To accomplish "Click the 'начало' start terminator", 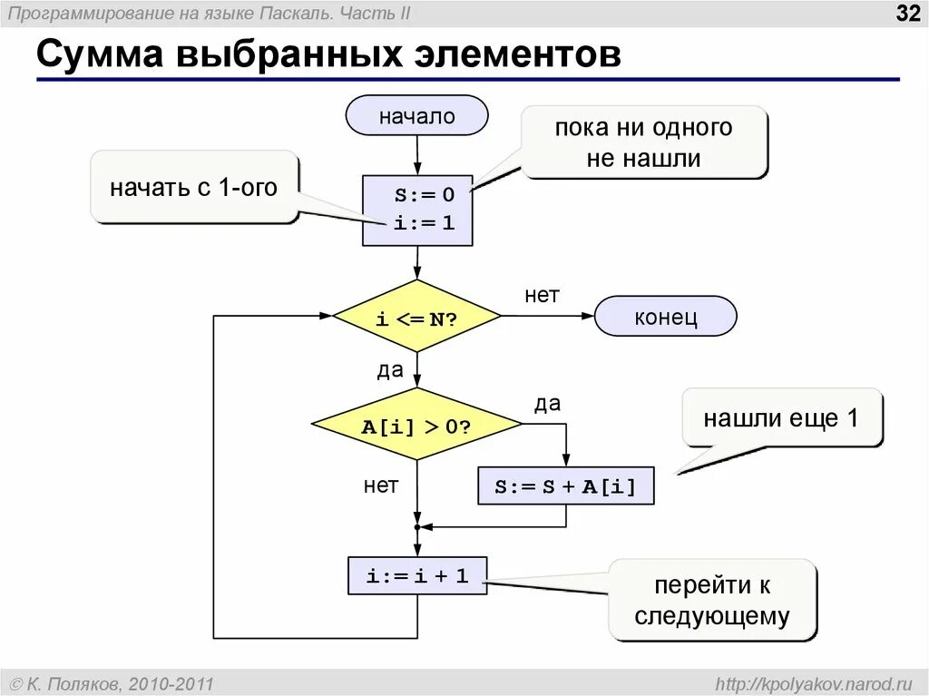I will [x=416, y=115].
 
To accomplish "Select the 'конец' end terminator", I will [x=665, y=317].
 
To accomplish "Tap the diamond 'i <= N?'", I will [x=416, y=317].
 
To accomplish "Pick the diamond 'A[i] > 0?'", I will [x=416, y=425].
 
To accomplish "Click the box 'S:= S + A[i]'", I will [x=565, y=486].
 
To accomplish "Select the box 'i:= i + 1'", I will [x=416, y=575].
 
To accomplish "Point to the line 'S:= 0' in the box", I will [x=424, y=194].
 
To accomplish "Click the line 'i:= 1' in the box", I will [x=424, y=222].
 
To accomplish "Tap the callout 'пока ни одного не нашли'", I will [x=643, y=142].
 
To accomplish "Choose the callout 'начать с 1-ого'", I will [x=193, y=187].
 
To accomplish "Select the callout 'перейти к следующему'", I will [x=712, y=601].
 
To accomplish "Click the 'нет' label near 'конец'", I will [x=542, y=295].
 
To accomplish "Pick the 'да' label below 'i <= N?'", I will [x=389, y=370].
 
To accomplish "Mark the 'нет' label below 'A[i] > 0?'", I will [x=381, y=485].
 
